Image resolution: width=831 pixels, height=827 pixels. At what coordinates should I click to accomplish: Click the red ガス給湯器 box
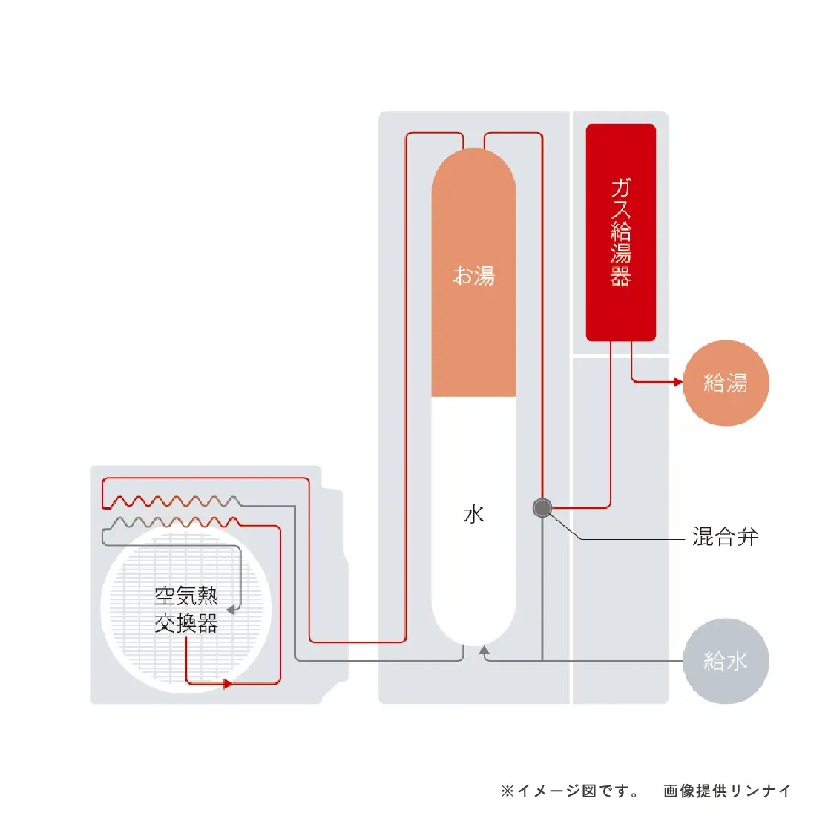pos(620,232)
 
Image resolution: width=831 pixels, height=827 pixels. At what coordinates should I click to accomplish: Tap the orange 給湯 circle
pos(725,383)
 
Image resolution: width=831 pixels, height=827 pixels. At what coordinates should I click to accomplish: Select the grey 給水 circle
pos(725,661)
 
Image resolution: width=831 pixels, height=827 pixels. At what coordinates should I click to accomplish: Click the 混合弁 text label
pos(725,537)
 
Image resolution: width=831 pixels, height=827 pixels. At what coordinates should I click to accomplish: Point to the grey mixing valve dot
pos(542,508)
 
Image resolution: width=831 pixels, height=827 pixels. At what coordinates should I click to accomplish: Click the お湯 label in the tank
pos(473,276)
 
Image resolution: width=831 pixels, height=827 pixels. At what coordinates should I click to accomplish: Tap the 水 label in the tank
pos(473,515)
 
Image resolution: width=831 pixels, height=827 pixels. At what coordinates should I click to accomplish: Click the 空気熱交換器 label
pos(186,610)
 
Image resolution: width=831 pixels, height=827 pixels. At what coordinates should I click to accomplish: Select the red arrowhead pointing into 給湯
pos(677,382)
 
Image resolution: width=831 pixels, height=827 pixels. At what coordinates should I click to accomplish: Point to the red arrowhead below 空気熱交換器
pos(228,684)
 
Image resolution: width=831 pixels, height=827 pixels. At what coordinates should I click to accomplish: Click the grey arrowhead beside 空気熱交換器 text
pos(231,610)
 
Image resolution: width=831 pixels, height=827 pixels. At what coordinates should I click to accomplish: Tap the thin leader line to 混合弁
pos(631,538)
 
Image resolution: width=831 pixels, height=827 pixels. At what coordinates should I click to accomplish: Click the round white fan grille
pos(134,645)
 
